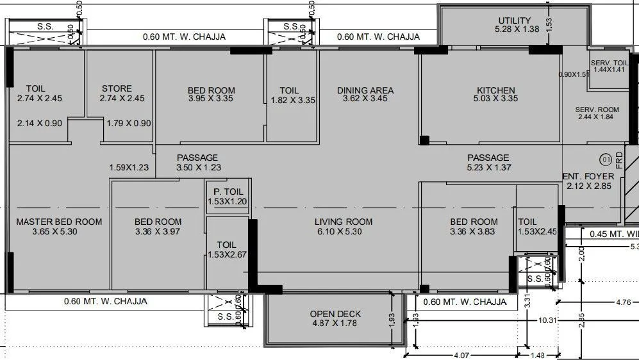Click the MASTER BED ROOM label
pos(59,222)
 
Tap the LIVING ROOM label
pos(344,222)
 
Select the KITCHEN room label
pos(495,90)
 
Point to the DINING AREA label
pos(365,90)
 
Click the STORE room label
pos(117,88)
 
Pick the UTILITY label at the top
pos(514,20)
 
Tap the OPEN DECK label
pos(335,314)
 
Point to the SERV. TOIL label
pos(610,62)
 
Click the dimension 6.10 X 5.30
pos(344,231)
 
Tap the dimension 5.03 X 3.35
pos(495,99)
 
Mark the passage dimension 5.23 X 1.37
pos(488,167)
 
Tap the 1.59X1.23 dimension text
pos(129,167)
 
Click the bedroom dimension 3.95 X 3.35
pos(211,99)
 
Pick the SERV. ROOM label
pos(597,110)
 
